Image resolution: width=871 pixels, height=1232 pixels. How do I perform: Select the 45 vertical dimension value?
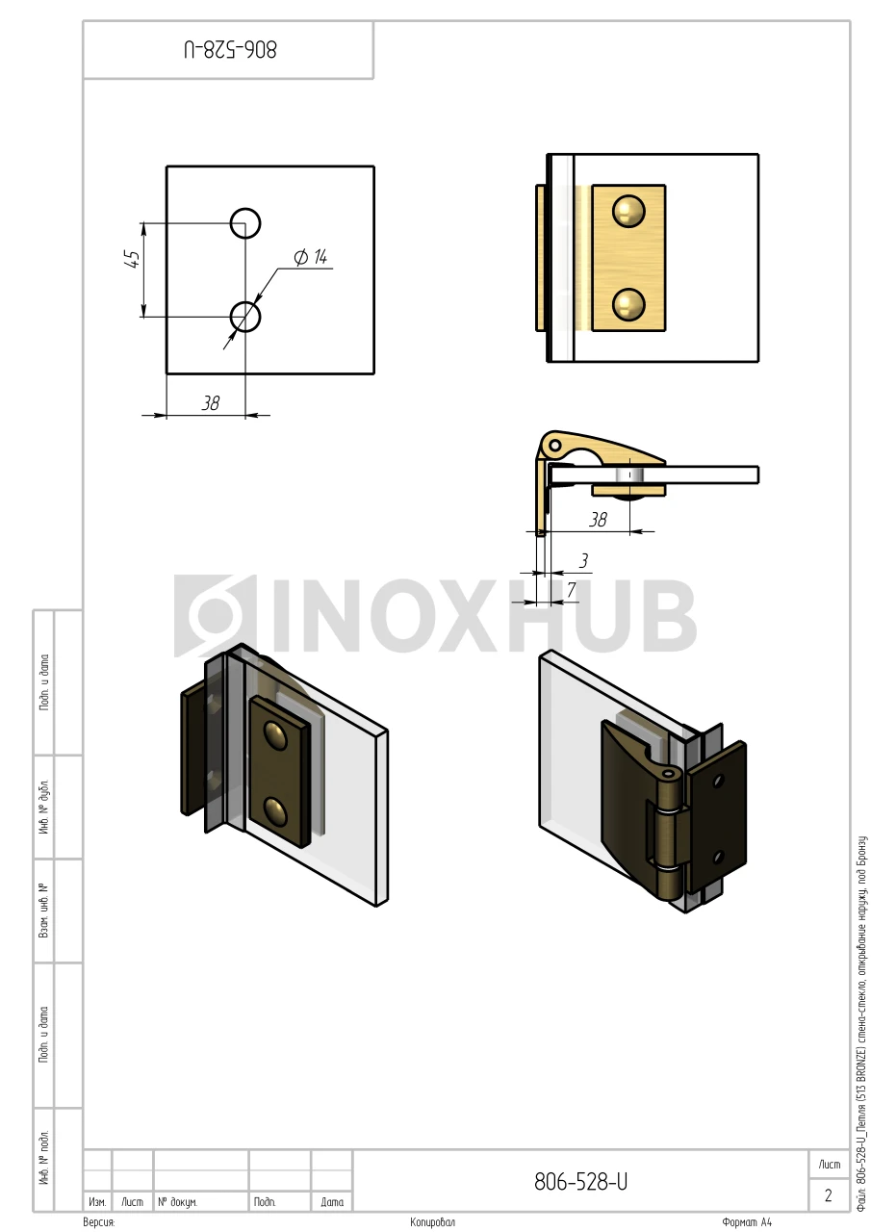tap(133, 259)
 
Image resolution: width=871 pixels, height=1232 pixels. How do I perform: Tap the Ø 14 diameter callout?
tap(311, 257)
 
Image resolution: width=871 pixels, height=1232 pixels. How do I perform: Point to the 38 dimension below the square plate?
tap(210, 403)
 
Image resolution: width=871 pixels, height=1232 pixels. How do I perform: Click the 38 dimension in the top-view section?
tap(598, 520)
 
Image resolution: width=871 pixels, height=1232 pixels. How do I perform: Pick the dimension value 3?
tap(583, 560)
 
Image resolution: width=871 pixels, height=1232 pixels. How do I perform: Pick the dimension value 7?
tap(572, 590)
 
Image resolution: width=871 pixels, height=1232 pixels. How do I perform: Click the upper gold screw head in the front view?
tap(628, 210)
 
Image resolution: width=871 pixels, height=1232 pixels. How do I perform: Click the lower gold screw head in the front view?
tap(628, 304)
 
